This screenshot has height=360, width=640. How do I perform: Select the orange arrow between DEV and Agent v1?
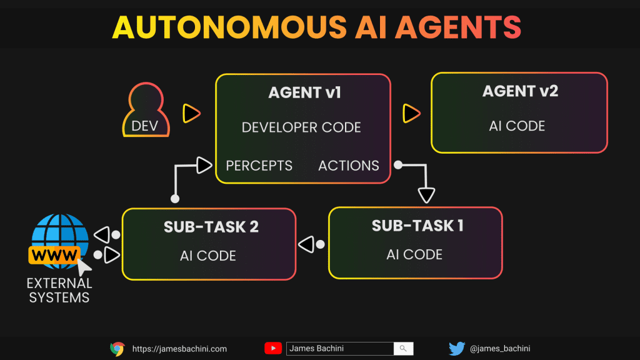(x=191, y=113)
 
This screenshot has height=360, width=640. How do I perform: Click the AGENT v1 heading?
(x=304, y=93)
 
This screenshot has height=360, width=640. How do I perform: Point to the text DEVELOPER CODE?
(x=301, y=127)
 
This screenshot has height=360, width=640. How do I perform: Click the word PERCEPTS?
(x=259, y=166)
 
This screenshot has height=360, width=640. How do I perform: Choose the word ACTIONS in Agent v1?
(x=348, y=166)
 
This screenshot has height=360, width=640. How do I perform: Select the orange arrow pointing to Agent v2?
(x=411, y=113)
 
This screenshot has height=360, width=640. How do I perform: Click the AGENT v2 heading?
(x=520, y=91)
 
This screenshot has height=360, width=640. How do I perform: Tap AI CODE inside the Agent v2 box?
(x=517, y=126)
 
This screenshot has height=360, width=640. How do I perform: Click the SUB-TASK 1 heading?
(x=417, y=226)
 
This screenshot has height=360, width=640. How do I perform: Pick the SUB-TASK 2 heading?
(x=211, y=227)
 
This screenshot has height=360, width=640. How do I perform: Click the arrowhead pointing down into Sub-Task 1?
(x=426, y=195)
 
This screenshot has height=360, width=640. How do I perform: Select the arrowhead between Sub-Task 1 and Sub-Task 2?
(x=306, y=244)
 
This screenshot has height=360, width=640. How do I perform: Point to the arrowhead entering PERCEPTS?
(x=204, y=165)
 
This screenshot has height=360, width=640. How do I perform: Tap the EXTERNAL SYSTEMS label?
(x=59, y=291)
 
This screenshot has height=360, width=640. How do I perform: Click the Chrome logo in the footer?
(x=117, y=349)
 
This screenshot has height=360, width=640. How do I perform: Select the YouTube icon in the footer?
(x=273, y=349)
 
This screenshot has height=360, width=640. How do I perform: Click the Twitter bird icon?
(x=457, y=349)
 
